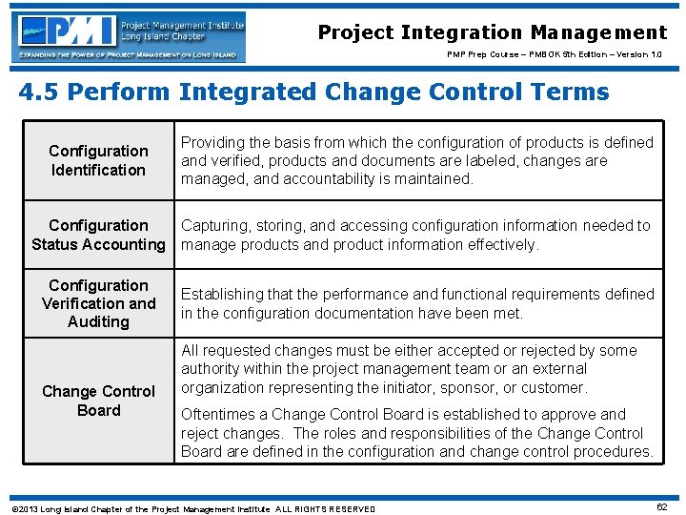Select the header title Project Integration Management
click(492, 32)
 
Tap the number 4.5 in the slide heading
click(38, 93)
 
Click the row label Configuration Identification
click(98, 160)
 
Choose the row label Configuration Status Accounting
click(98, 235)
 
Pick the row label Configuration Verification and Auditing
click(98, 303)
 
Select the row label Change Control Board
click(98, 401)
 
